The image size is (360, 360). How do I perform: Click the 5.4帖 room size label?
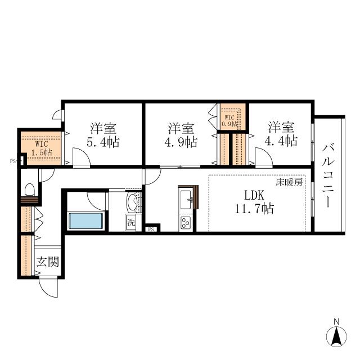[x=103, y=142]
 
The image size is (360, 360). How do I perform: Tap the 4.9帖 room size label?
[x=181, y=142]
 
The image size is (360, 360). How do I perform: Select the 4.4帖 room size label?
[x=281, y=141]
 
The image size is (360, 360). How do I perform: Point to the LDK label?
[x=254, y=195]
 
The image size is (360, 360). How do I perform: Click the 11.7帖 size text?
[x=254, y=209]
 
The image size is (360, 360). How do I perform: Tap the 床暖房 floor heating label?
[x=289, y=183]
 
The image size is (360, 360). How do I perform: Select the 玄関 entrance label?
[x=48, y=262]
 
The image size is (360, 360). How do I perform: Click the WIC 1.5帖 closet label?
[x=42, y=148]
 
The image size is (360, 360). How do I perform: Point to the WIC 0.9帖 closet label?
[x=229, y=121]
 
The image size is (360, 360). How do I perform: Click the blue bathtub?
[x=86, y=221]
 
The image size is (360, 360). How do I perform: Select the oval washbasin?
[x=133, y=202]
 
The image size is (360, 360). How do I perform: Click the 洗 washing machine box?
[x=131, y=223]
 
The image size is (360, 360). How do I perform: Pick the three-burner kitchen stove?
[x=186, y=223]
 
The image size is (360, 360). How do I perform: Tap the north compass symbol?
[x=336, y=337]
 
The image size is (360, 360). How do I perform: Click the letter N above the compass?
[x=336, y=322]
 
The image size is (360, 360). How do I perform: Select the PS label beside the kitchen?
[x=151, y=229]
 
